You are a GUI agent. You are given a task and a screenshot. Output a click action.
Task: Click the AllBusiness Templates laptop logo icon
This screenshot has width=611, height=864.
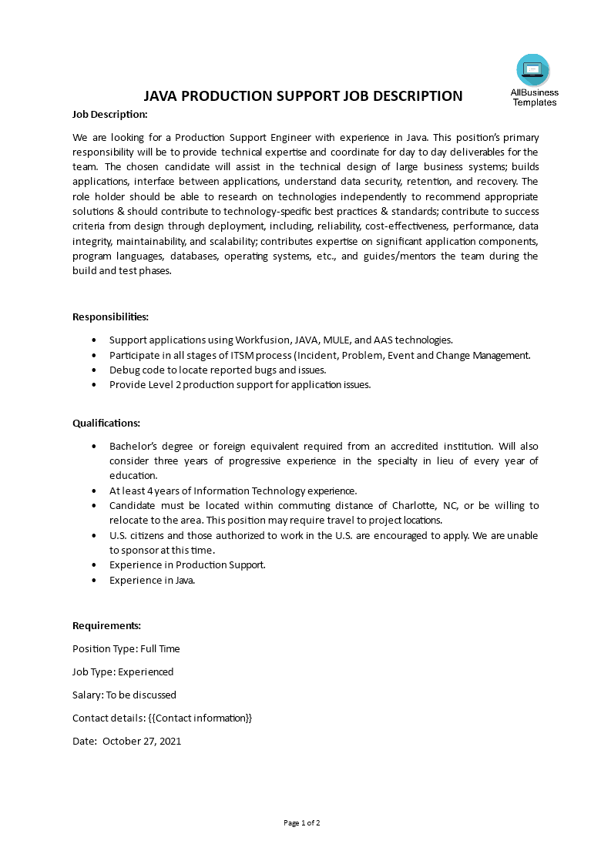tap(533, 70)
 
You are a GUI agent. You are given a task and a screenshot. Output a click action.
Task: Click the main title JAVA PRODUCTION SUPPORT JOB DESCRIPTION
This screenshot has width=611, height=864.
tap(304, 96)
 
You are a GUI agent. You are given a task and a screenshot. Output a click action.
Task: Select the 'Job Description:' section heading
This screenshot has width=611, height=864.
tap(109, 114)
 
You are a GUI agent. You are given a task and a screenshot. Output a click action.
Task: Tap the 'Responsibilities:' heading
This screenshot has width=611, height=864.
tap(110, 316)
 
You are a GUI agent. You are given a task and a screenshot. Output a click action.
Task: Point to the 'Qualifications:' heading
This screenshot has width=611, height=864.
tap(106, 423)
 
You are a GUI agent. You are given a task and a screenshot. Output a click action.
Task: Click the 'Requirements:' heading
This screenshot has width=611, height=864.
tap(106, 625)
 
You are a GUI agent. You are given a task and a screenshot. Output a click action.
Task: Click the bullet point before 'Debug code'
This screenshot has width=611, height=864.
tap(94, 370)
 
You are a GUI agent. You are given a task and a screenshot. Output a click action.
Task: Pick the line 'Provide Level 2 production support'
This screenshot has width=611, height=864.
tap(240, 384)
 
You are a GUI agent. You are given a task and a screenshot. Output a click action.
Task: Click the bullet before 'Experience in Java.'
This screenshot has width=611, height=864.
tap(94, 580)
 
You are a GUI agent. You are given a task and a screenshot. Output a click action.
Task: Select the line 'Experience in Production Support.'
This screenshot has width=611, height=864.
tap(187, 564)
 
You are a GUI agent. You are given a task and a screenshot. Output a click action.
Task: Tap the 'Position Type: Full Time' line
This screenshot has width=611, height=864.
tap(126, 648)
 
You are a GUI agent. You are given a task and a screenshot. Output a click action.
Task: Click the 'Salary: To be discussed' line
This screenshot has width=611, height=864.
tap(124, 695)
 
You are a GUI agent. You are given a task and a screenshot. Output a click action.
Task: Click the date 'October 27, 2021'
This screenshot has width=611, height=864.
tap(142, 741)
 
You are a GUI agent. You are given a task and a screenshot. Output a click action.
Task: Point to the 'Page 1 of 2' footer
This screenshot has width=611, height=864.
tap(301, 822)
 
